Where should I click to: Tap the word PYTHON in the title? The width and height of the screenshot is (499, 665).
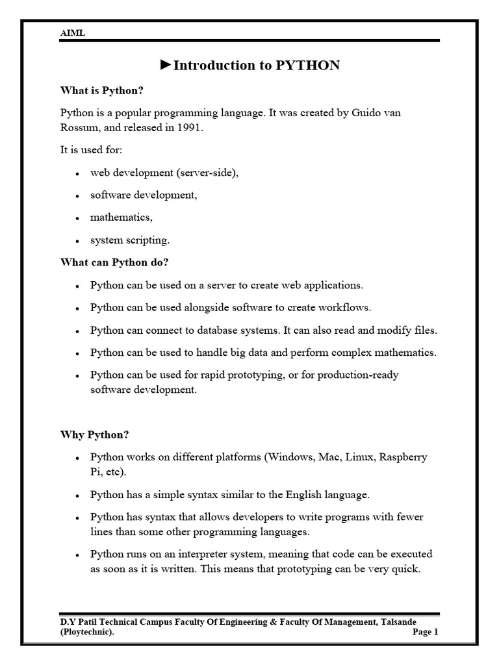[x=308, y=66]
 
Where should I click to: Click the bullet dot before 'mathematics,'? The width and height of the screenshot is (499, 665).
[x=77, y=219]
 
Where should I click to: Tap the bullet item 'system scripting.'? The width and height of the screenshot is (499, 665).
[x=130, y=240]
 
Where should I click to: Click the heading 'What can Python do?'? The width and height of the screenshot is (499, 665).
[x=114, y=262]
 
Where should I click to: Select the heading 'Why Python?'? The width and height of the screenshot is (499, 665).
[x=95, y=434]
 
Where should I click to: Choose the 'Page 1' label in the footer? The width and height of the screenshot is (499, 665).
[x=426, y=632]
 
